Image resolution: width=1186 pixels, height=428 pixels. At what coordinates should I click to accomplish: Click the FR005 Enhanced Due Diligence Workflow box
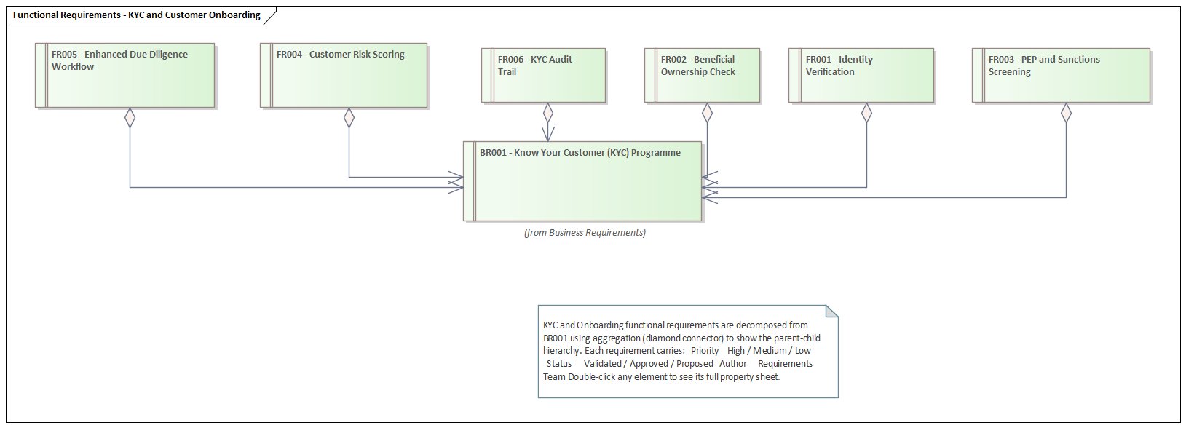coord(125,75)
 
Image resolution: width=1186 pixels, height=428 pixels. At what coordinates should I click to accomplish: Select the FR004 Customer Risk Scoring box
coord(344,75)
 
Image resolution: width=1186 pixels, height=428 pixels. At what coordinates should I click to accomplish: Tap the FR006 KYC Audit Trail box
coord(544,75)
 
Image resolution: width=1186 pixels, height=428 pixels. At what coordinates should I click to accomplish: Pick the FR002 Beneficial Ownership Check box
coord(703,75)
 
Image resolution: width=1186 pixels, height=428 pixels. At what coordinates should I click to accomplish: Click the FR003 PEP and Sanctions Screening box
coord(1062,75)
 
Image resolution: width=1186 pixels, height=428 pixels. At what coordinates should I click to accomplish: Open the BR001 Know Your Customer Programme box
coord(583,181)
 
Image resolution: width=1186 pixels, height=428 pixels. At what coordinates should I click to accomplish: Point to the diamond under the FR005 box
coord(130,117)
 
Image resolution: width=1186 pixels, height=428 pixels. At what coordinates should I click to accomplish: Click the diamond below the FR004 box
coord(349,117)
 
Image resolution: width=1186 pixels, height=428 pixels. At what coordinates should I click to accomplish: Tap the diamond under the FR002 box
coord(707,112)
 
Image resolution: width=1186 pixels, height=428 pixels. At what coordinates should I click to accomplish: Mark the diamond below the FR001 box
coord(866,112)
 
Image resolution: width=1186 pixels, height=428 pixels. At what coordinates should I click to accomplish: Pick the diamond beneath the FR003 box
coord(1066,112)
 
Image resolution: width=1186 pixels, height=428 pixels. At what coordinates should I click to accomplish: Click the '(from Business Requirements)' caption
coord(585,233)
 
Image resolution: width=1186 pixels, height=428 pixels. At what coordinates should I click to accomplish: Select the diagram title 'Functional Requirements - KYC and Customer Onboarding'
coord(137,15)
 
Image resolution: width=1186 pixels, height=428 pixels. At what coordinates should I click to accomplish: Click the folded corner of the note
coord(831,312)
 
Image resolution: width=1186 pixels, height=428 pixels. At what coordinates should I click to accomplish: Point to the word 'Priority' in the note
coord(705,350)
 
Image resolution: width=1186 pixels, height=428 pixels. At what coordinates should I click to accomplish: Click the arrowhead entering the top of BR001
coord(547,135)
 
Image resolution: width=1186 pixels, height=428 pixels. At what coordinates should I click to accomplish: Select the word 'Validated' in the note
coord(603,363)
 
